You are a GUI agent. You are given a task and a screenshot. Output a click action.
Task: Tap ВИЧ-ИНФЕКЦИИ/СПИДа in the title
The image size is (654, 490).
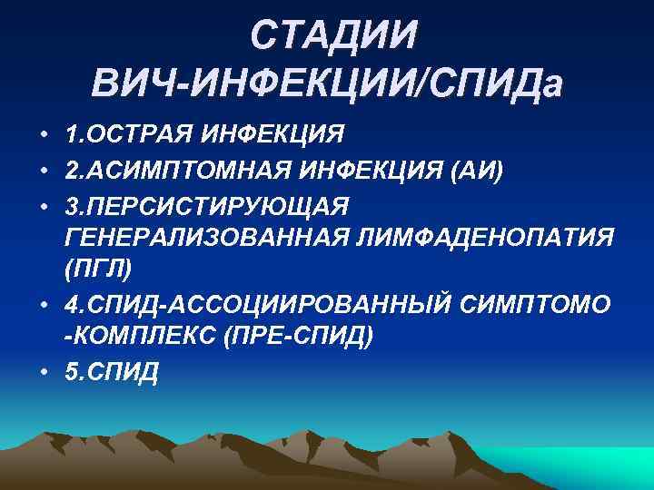pos(327,83)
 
